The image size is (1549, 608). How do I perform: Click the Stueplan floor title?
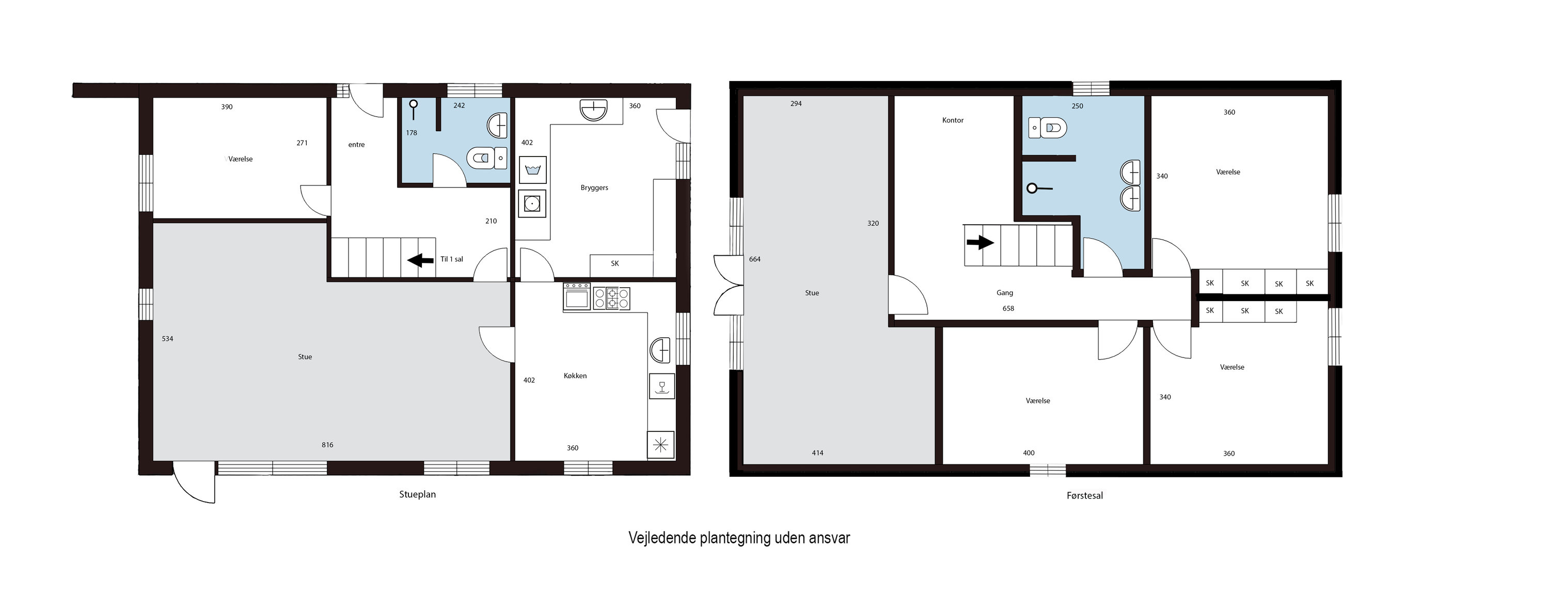tap(417, 494)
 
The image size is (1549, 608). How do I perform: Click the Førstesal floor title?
tap(1085, 495)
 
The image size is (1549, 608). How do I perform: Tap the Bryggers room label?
tap(594, 188)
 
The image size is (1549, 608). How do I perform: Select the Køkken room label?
tap(575, 376)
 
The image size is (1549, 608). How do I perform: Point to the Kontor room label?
tap(953, 120)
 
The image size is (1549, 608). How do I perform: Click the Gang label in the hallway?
tap(1005, 293)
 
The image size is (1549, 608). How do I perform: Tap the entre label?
tap(357, 145)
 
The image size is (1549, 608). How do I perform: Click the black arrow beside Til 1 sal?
tap(420, 260)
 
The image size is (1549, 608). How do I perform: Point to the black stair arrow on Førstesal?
tap(980, 242)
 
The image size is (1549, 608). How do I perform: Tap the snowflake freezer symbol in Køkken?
tap(660, 445)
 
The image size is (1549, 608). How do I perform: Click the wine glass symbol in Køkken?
tap(662, 385)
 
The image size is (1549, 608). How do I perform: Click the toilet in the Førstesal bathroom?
tap(1048, 128)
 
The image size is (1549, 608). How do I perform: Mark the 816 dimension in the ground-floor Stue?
tap(327, 445)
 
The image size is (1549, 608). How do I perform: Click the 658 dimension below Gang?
tap(1008, 308)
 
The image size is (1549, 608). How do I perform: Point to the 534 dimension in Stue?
tap(167, 338)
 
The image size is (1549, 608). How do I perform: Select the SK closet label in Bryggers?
tap(614, 263)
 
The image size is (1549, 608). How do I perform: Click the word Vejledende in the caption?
tap(662, 538)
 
